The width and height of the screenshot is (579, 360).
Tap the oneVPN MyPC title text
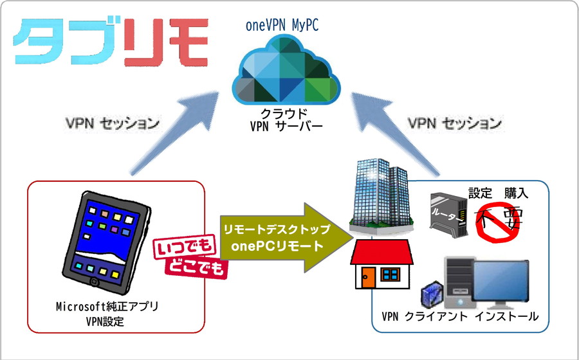[x=282, y=26]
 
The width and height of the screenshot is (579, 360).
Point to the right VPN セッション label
[x=456, y=122]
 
